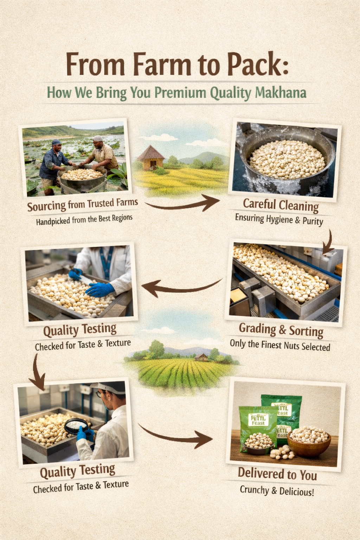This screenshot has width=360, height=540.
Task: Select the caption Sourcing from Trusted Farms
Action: (82, 205)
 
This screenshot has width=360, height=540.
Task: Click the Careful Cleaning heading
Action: (281, 205)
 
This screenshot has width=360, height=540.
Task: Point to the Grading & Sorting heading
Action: (281, 330)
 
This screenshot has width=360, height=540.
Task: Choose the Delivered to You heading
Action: (277, 474)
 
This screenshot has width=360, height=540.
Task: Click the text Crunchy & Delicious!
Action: (277, 491)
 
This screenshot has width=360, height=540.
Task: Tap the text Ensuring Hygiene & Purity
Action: (279, 220)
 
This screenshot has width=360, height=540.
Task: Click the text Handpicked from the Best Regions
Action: (84, 220)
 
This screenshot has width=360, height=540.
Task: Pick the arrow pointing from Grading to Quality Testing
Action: (181, 287)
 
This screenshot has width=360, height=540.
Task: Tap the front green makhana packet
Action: (258, 429)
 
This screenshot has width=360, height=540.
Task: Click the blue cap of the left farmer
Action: (56, 142)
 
